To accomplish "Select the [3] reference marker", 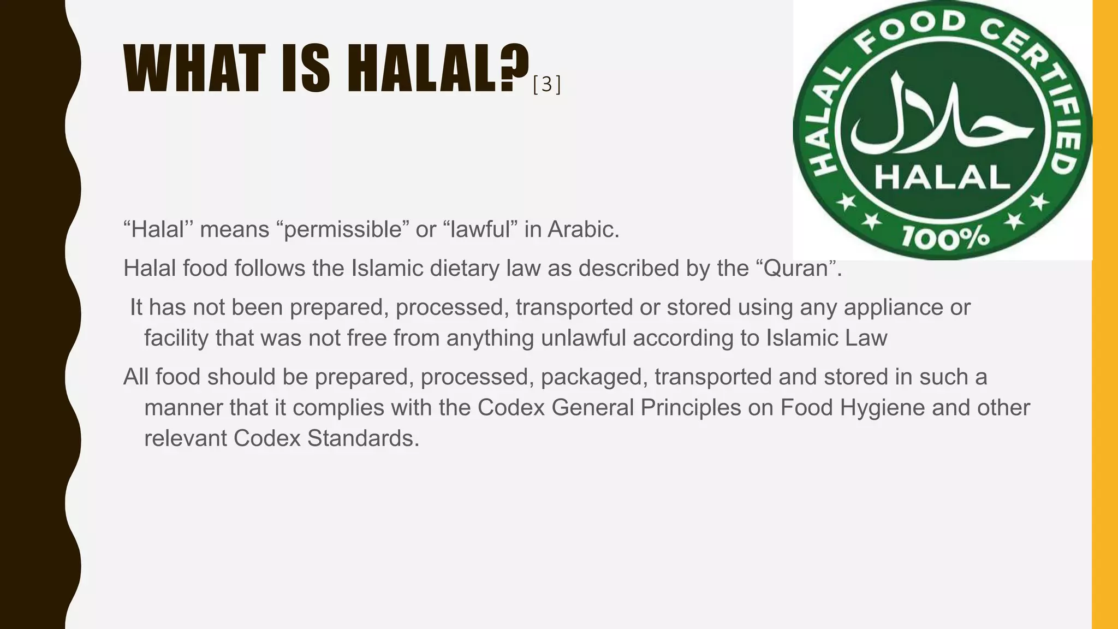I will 546,85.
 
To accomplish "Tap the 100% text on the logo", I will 945,238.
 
